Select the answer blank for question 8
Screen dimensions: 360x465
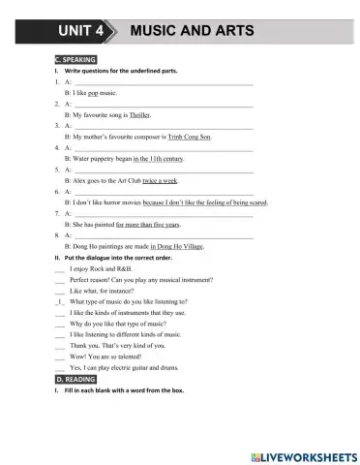pos(164,235)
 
